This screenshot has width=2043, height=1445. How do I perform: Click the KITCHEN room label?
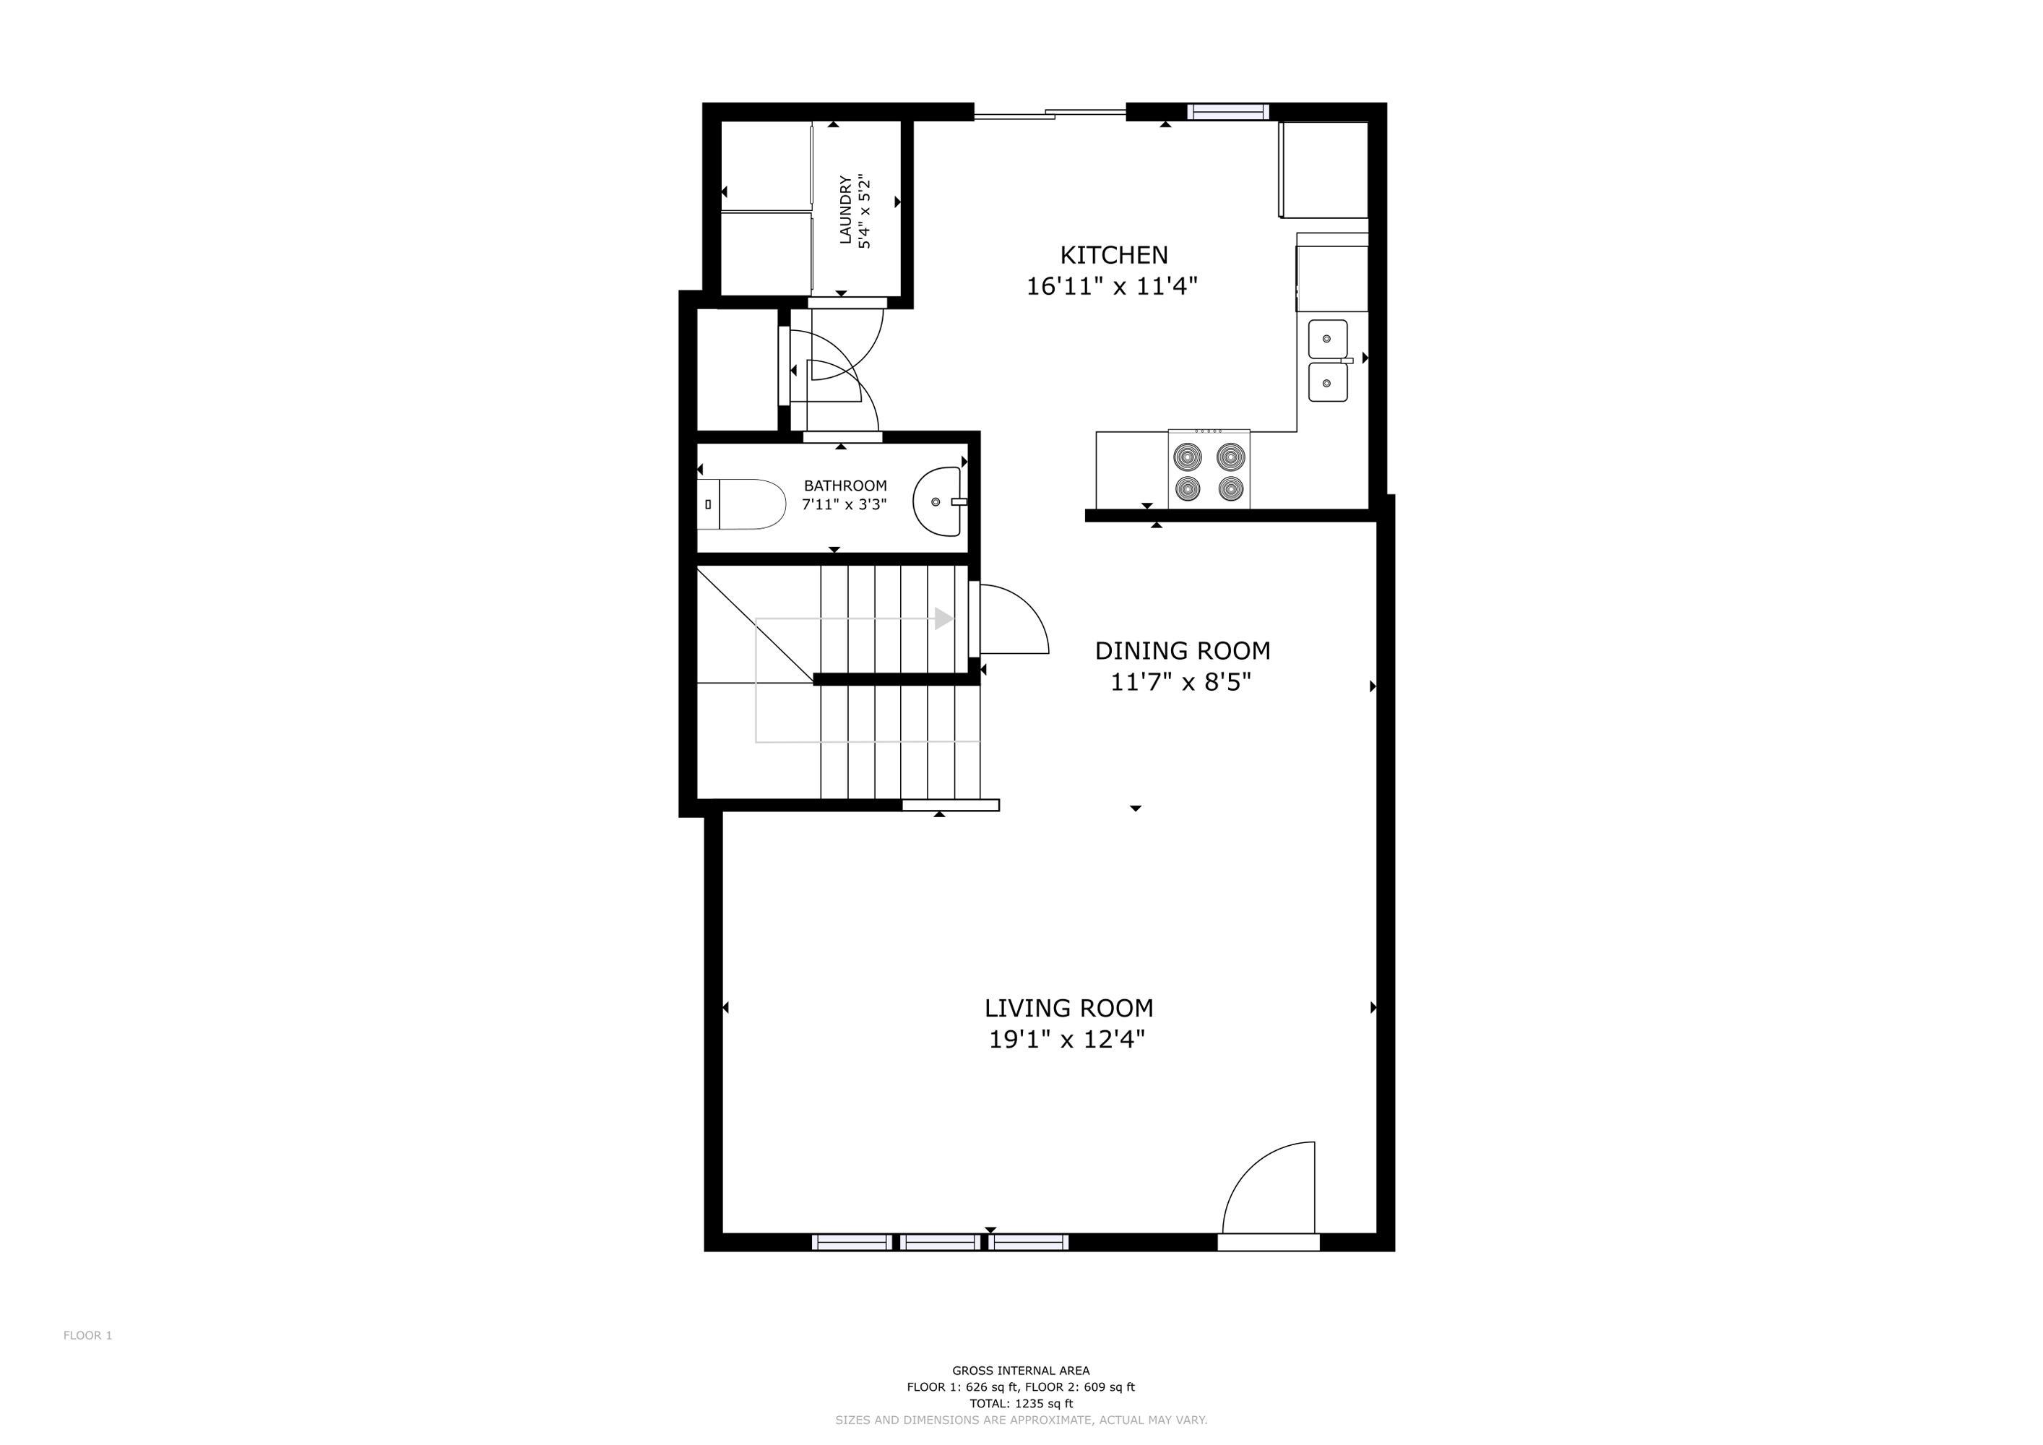[x=1113, y=255]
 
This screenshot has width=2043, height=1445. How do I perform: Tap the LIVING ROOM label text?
[x=1068, y=1008]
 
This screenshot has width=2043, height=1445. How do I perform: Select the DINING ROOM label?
[x=1182, y=650]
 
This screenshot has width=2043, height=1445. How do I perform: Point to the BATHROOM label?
[x=845, y=486]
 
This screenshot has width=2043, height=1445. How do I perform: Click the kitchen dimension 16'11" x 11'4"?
[x=1113, y=287]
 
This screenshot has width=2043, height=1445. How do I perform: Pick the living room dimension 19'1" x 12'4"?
[x=1067, y=1039]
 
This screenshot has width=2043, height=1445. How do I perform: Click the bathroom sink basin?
[x=938, y=502]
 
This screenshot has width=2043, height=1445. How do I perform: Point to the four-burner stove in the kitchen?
[x=1209, y=470]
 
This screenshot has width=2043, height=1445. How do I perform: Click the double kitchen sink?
[x=1328, y=361]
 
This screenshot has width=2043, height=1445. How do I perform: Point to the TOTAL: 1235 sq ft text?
[x=1021, y=1403]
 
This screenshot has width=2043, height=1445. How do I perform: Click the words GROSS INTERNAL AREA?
[x=1021, y=1371]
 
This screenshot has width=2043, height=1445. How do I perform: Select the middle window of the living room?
[x=940, y=1242]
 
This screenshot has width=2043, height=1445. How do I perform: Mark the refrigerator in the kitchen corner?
[x=1323, y=169]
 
